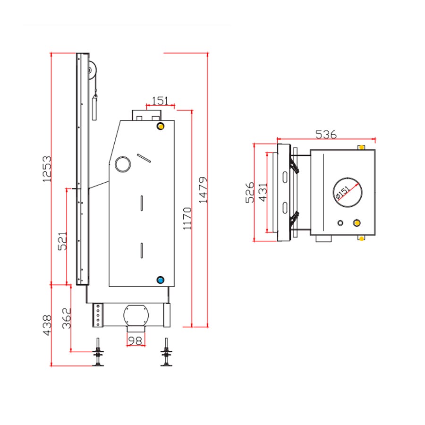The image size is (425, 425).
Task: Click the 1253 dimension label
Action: (47, 169)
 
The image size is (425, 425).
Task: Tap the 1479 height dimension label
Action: (203, 190)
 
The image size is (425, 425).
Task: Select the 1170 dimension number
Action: (187, 219)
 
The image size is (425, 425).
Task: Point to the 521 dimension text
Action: (63, 241)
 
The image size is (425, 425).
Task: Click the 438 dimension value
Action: (47, 325)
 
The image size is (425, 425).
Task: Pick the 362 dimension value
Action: (67, 318)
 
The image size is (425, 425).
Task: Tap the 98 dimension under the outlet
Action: (135, 340)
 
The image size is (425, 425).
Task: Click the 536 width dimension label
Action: (326, 134)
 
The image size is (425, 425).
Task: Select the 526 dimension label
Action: (250, 193)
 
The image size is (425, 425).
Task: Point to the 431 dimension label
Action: (263, 193)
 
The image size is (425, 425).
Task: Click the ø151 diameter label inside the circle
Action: (343, 193)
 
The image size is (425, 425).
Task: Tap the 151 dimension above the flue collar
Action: (160, 101)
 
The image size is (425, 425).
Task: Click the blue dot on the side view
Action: (161, 280)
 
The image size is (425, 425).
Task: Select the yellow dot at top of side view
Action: (161, 126)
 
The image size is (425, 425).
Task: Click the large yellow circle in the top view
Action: (357, 223)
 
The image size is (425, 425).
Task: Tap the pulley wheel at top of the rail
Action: (92, 70)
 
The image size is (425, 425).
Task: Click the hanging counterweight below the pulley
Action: (94, 107)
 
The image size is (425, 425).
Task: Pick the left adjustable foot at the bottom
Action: (98, 352)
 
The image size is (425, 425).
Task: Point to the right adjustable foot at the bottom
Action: (166, 352)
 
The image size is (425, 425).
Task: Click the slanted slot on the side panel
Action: (144, 158)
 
